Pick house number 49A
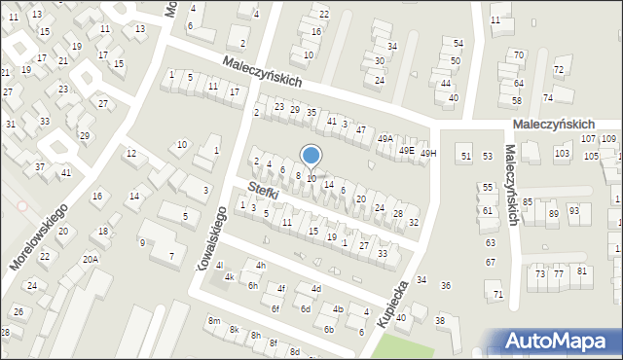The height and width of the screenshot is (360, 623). pos(385,138)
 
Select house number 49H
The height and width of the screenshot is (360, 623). pos(428,153)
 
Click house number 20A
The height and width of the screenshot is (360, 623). pos(90,260)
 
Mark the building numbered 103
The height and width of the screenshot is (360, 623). pos(562,155)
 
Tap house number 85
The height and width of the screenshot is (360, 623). pos(528,202)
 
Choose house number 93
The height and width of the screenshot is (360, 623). pos(574,210)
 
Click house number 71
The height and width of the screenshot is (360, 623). pos(498,294)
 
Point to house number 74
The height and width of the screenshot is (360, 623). pos(548,98)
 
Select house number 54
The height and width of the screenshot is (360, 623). pos(458,45)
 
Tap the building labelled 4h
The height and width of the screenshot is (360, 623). pos(260,266)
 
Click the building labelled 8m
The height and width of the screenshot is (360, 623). pos(213,321)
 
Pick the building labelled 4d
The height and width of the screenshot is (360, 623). pos(315,289)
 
